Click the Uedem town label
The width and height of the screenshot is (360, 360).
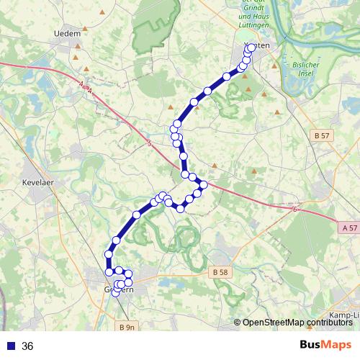pos(66,33)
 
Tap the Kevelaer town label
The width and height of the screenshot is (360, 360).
pos(39,183)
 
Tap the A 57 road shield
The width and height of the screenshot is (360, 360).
pos(348,228)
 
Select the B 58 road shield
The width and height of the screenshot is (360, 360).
pos(220,272)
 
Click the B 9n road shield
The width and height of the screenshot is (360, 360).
pos(125,328)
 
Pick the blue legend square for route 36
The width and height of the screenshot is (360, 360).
pos(10,346)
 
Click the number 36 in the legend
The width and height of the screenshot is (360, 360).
pos(27,346)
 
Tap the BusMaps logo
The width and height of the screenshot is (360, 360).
pos(325,346)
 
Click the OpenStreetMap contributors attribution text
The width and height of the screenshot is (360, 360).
pos(297,323)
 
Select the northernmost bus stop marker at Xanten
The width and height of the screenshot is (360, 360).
pos(251,49)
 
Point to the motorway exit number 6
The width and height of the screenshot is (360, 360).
pos(295,210)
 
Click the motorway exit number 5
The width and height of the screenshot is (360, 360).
pos(149,145)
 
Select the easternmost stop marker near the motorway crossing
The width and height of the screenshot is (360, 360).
pos(204,185)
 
